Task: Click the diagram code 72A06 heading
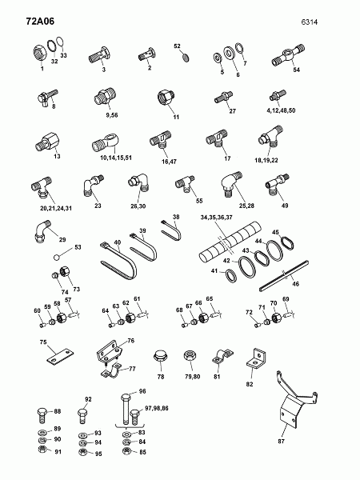coord(40,21)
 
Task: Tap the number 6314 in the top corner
coord(309,22)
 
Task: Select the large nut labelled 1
coord(39,54)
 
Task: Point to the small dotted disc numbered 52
coord(186,58)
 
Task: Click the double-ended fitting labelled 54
coord(288,55)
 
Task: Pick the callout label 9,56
coord(112,115)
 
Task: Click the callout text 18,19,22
coord(266,160)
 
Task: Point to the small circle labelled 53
coord(56,258)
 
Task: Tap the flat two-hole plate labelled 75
coord(60,357)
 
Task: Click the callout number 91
coord(58,452)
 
